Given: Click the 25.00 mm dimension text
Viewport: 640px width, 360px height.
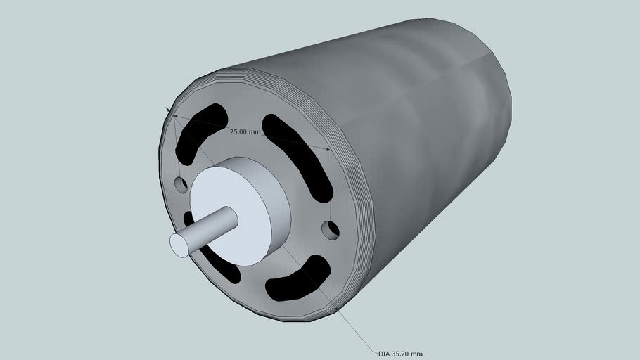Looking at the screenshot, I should (245, 131).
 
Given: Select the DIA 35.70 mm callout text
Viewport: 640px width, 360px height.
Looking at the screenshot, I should (400, 354).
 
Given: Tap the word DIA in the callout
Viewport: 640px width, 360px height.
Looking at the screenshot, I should (383, 354).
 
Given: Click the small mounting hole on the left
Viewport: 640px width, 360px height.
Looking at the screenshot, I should (181, 185).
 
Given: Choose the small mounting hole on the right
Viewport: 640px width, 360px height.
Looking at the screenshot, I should (331, 229).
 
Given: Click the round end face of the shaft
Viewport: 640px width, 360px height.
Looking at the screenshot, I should (180, 245).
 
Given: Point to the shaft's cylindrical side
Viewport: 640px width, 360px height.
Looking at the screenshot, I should (211, 225).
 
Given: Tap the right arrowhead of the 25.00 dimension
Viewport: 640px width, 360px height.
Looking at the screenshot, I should (328, 149).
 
